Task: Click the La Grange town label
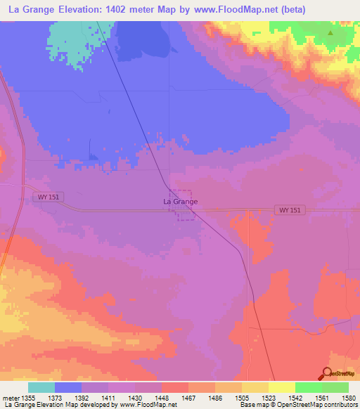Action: coord(180,202)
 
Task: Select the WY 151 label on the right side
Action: coord(290,210)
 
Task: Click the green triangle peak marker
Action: coord(330,32)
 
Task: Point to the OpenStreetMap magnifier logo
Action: coord(327,373)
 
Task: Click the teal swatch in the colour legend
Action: coord(41,387)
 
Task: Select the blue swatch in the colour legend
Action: coord(68,387)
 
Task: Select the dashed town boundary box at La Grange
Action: coord(184,204)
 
